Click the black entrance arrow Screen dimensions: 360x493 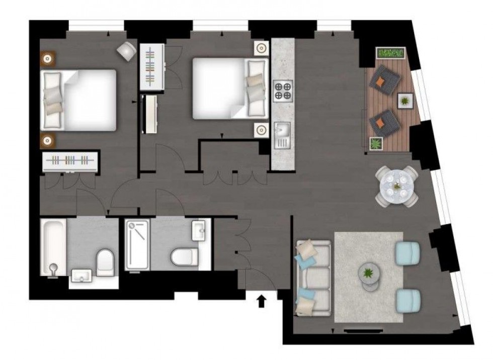[262, 301]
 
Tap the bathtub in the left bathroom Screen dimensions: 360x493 [53, 246]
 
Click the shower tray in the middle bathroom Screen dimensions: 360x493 [137, 244]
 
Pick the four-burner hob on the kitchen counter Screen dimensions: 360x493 [283, 91]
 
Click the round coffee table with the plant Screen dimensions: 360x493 [370, 275]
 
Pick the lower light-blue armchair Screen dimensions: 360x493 [408, 300]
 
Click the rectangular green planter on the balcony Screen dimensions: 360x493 [390, 53]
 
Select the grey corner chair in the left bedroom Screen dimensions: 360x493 [126, 50]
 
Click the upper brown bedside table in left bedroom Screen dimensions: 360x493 [48, 59]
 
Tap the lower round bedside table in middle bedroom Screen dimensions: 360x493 [262, 130]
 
